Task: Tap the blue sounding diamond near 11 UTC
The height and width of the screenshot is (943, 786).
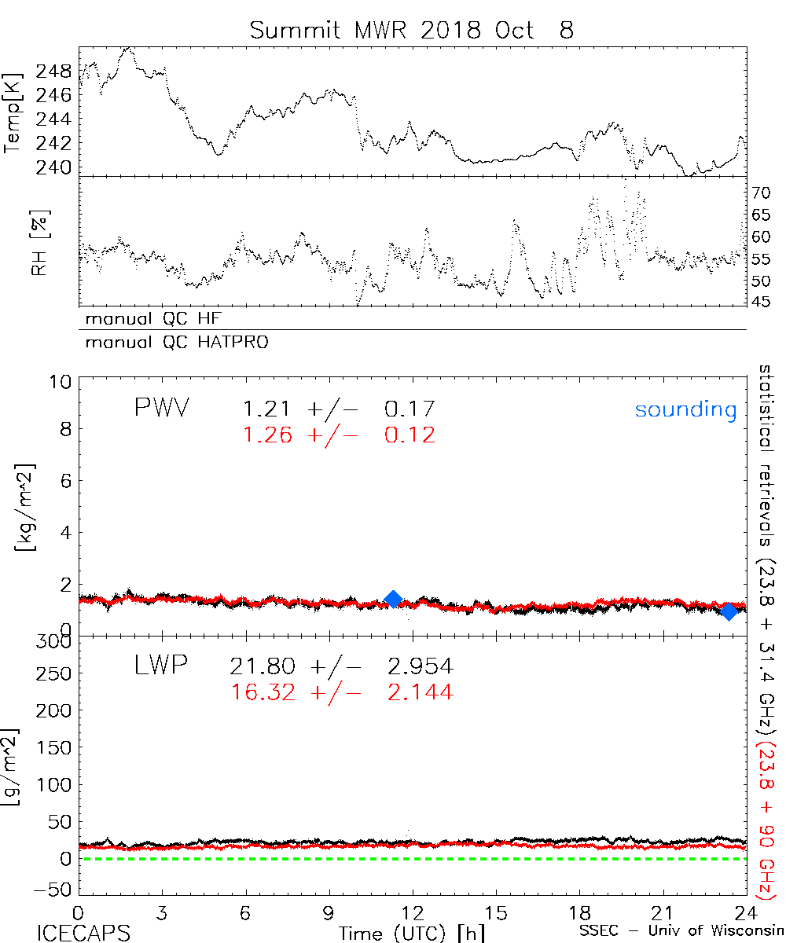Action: point(394,599)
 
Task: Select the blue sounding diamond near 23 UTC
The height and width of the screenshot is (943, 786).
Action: point(729,611)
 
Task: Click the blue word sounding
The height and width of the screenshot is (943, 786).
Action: point(685,409)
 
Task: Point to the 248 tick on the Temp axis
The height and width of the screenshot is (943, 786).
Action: point(60,72)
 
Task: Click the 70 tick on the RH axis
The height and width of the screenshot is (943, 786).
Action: point(762,192)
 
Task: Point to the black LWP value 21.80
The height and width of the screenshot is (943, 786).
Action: point(263,667)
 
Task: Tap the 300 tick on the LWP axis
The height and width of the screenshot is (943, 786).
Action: point(55,641)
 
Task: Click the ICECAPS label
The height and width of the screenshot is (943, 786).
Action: point(83,932)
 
